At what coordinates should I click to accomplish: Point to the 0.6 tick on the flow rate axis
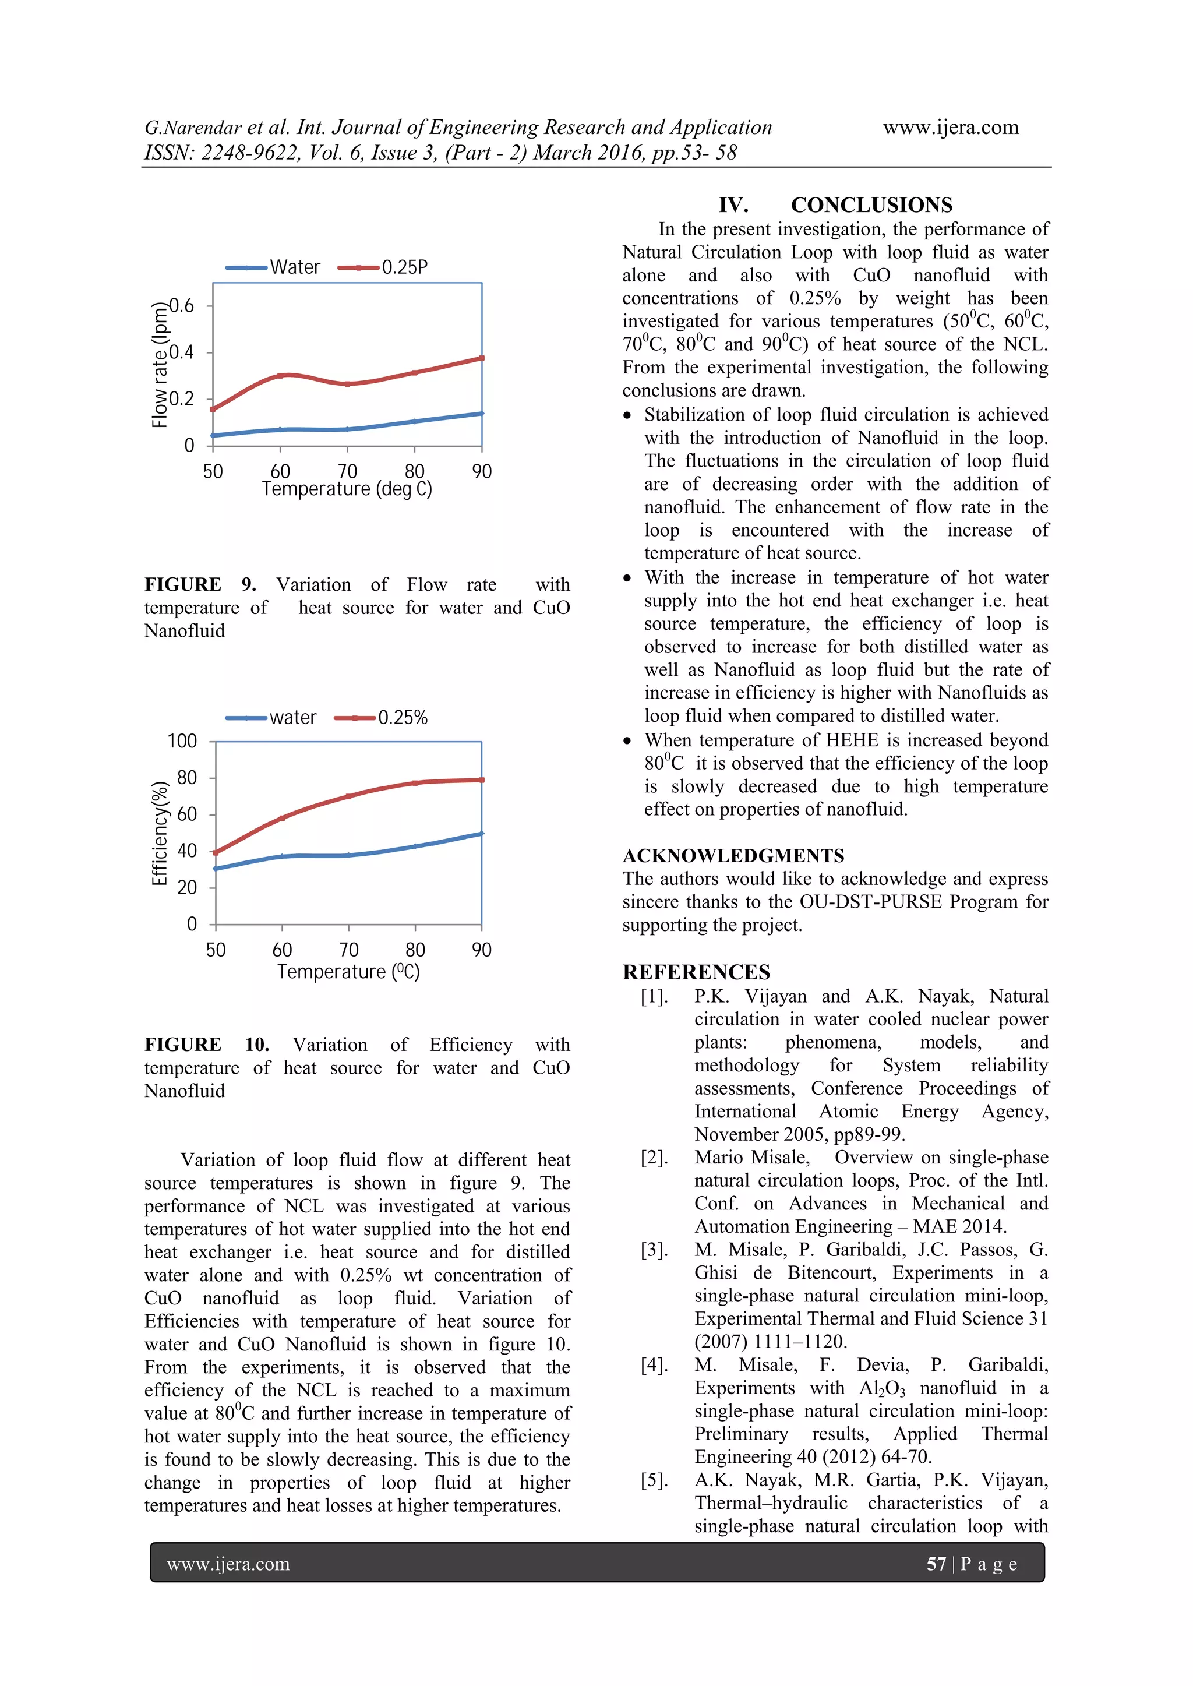click(182, 306)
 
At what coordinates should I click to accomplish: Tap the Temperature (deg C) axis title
click(347, 489)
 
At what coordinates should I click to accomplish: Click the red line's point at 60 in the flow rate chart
click(280, 375)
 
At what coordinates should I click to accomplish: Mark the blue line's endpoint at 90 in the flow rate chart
click(481, 414)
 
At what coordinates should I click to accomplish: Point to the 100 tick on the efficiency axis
click(182, 741)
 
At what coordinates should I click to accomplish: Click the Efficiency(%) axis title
click(160, 833)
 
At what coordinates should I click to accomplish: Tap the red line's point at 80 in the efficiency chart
click(415, 783)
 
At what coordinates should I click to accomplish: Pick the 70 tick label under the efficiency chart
click(349, 950)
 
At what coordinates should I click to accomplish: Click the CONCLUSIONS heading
click(871, 205)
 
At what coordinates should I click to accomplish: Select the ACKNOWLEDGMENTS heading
click(733, 856)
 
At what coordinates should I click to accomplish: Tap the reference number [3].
click(654, 1250)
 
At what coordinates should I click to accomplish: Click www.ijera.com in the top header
click(951, 128)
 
